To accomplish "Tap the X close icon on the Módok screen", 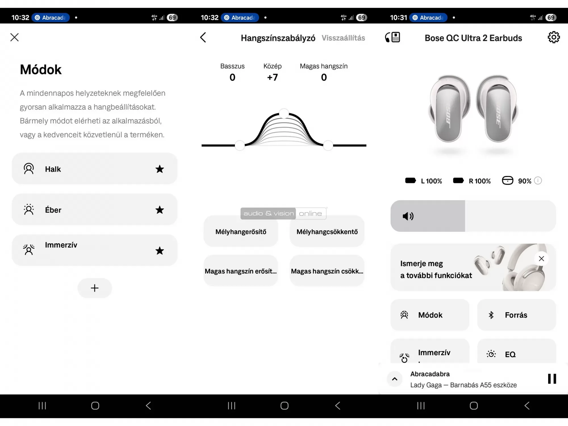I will [14, 37].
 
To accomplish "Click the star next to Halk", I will [160, 169].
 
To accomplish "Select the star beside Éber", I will [160, 210].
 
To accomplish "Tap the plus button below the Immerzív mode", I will [95, 288].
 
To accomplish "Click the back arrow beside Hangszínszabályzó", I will [203, 37].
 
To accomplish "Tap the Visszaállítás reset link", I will [343, 38].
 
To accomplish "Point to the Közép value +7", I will [272, 77].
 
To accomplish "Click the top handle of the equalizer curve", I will [284, 114].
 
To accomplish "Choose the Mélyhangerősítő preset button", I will [241, 232].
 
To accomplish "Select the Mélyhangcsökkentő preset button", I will [327, 232].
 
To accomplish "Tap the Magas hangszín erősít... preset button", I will [241, 271].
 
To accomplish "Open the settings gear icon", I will [554, 37].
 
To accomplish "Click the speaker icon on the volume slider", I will [408, 216].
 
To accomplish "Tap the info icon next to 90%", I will [538, 181].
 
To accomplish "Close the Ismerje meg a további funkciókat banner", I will [541, 259].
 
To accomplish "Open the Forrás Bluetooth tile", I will [516, 315].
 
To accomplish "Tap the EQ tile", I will [516, 354].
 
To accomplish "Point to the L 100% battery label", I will [431, 181].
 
